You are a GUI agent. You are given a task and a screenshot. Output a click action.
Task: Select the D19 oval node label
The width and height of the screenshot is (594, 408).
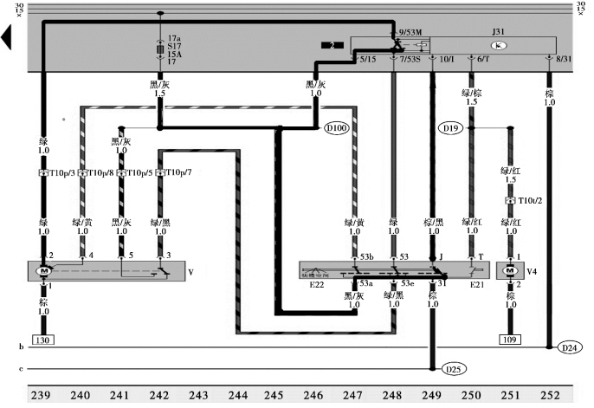click(x=450, y=128)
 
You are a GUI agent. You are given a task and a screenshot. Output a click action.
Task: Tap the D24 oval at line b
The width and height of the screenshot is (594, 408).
click(x=567, y=348)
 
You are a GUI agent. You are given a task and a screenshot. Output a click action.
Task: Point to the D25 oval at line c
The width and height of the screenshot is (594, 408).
click(x=452, y=369)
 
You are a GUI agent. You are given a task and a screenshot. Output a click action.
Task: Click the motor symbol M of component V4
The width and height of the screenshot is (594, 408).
click(x=511, y=270)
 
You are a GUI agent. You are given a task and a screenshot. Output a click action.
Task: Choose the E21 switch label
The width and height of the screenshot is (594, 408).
click(x=477, y=283)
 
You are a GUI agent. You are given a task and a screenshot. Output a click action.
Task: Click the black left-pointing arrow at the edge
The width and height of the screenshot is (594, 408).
click(x=8, y=37)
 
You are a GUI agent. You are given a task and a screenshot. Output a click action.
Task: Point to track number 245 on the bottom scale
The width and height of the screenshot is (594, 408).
click(x=273, y=396)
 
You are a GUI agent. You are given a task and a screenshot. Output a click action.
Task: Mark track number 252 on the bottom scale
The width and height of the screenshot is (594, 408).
click(x=549, y=396)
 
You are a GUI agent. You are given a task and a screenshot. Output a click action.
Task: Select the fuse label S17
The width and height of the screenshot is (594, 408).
click(x=174, y=49)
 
